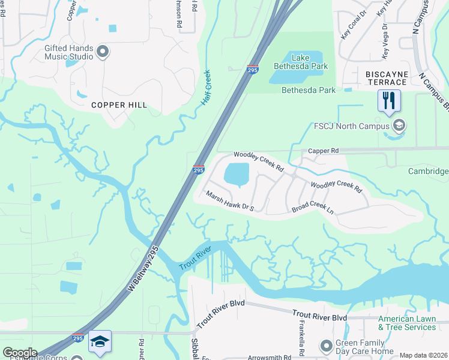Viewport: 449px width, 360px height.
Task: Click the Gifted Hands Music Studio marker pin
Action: [x=102, y=52]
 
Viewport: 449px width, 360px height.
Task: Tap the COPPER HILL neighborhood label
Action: [x=119, y=105]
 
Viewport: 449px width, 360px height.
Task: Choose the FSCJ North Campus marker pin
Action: [x=399, y=125]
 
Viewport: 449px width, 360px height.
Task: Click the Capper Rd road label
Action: [x=324, y=151]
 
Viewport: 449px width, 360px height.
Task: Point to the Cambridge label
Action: [x=429, y=172]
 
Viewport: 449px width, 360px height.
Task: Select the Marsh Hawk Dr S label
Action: [x=231, y=202]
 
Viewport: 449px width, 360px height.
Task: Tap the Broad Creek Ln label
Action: [x=312, y=208]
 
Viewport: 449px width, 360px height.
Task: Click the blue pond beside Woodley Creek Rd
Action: [x=237, y=175]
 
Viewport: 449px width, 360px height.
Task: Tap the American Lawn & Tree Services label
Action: [x=407, y=323]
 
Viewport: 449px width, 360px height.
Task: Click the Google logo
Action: [x=19, y=353]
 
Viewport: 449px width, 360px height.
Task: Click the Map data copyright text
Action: [x=423, y=355]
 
